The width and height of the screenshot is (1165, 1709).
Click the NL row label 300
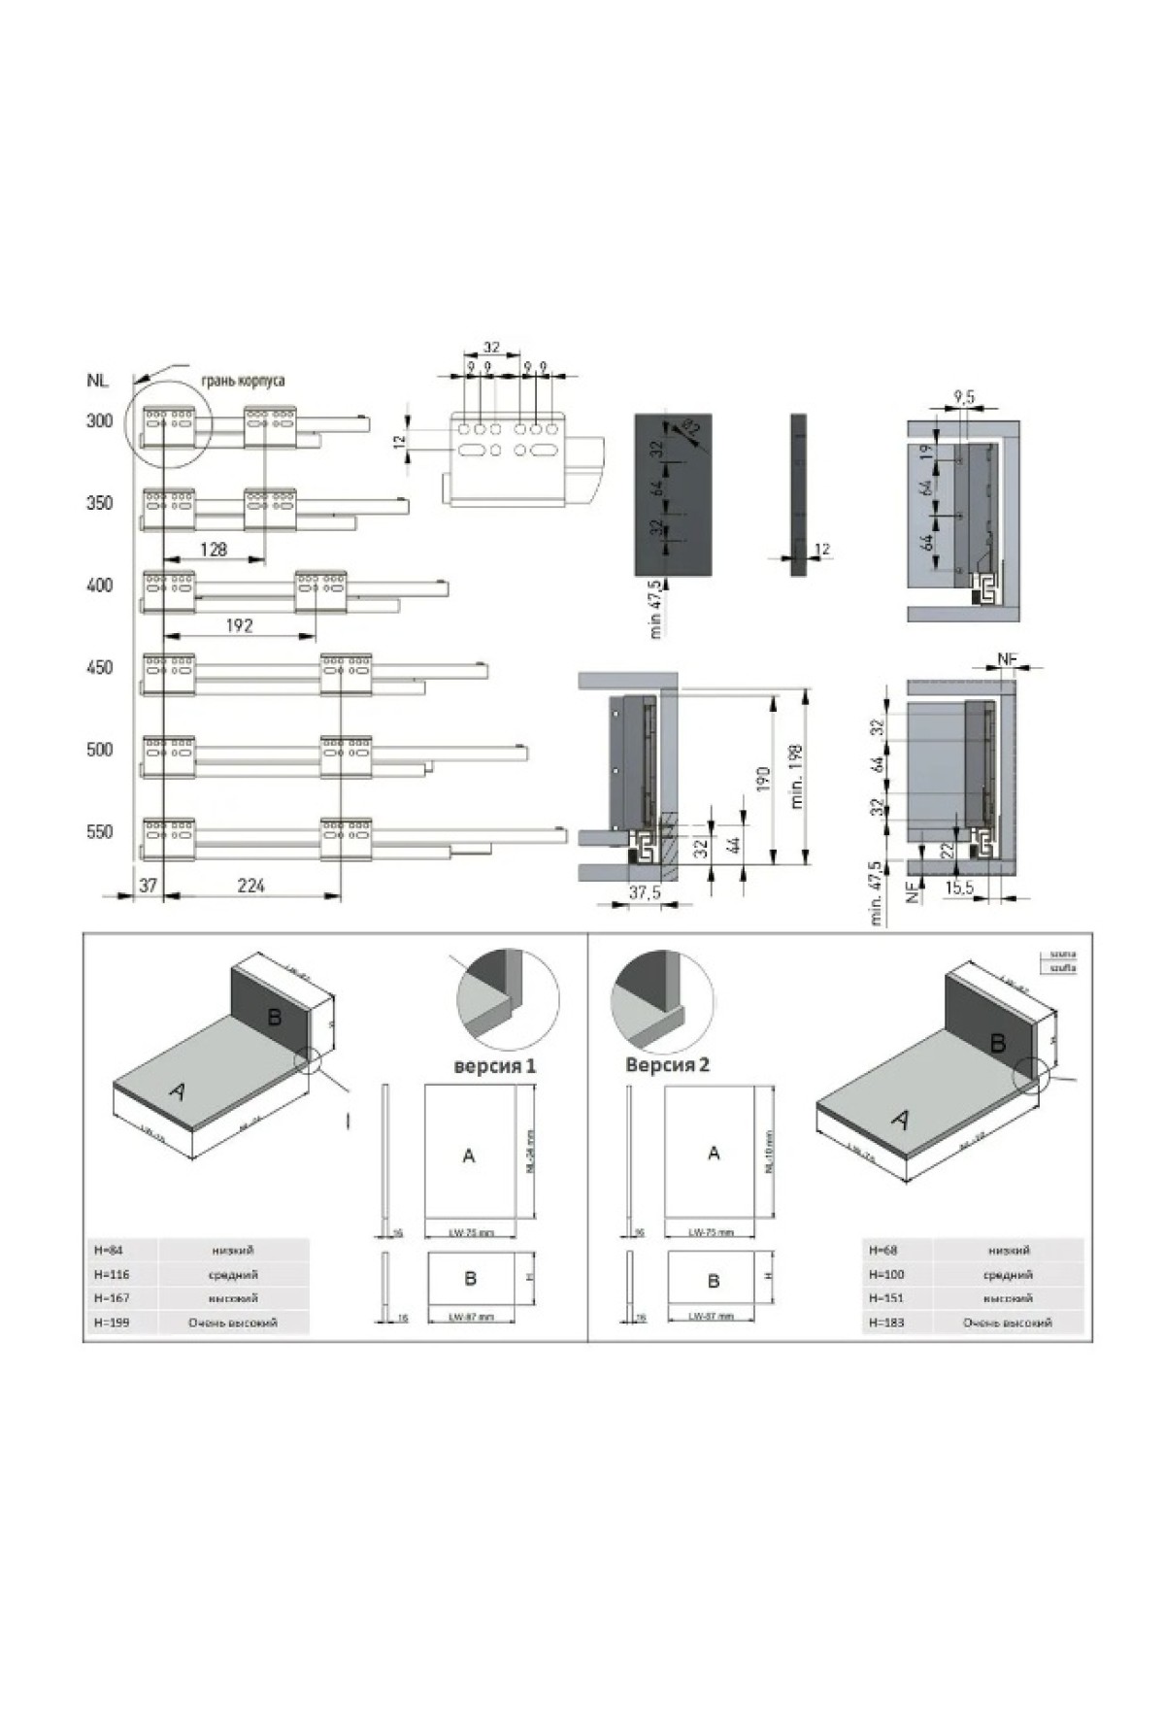(x=99, y=421)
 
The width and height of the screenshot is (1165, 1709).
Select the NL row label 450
(x=99, y=668)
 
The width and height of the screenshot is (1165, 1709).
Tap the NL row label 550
(x=99, y=832)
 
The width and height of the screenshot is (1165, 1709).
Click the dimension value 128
(x=213, y=550)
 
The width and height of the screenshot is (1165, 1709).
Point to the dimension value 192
(x=239, y=626)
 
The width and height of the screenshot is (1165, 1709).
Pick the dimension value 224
(x=250, y=885)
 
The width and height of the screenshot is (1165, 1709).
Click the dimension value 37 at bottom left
(x=148, y=885)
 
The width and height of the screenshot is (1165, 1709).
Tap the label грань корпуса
(x=243, y=381)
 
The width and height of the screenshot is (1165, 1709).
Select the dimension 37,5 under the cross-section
(x=644, y=891)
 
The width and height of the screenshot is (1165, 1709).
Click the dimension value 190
(x=763, y=777)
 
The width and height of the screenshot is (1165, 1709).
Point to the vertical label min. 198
(x=797, y=776)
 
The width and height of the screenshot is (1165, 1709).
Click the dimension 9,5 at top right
(x=965, y=396)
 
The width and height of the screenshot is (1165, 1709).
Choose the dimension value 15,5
(x=959, y=888)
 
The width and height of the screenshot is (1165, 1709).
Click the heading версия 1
(x=495, y=1066)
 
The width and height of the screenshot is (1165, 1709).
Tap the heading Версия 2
(x=668, y=1065)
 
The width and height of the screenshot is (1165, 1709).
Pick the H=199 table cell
(x=112, y=1323)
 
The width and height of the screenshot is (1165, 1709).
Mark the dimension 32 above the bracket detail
(x=491, y=347)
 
